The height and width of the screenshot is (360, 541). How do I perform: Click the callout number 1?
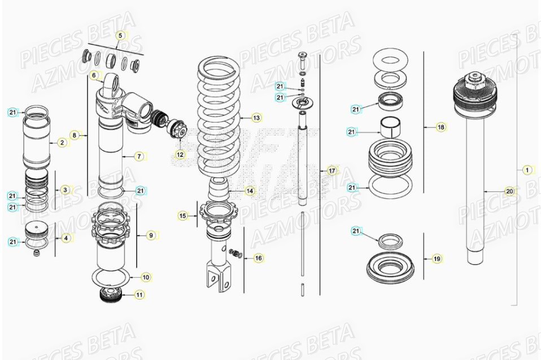527,169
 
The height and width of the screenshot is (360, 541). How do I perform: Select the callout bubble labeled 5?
120,36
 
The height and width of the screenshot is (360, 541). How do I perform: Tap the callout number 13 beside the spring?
256,118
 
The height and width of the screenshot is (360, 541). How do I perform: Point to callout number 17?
332,170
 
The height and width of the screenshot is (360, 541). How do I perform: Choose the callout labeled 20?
509,191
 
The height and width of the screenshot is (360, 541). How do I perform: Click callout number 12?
180,154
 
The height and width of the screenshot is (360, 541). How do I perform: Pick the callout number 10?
146,277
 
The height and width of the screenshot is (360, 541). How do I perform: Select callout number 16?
258,258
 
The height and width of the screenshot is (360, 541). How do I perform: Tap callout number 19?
437,259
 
